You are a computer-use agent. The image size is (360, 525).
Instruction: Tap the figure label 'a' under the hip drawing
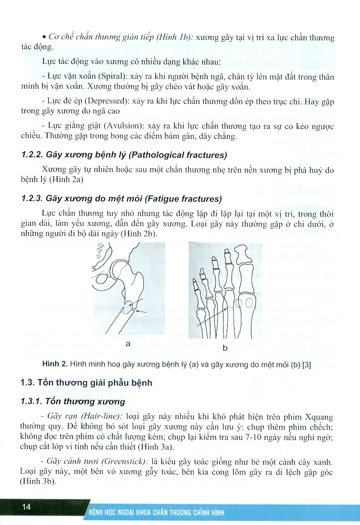[128, 344]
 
